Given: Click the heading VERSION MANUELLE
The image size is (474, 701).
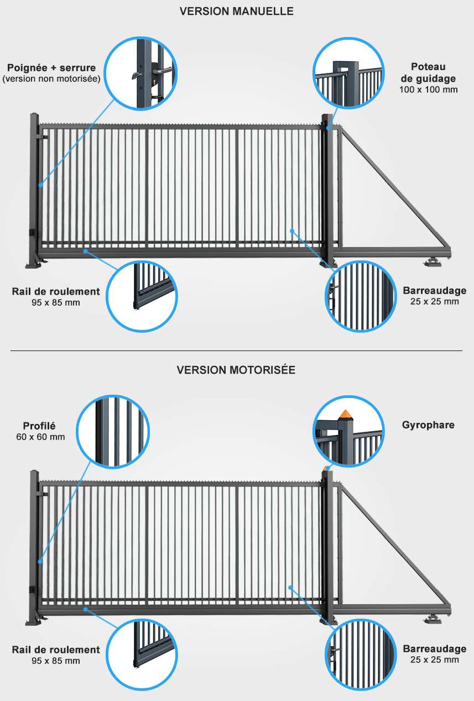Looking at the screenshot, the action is [236, 11].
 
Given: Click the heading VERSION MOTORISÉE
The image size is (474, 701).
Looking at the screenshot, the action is [236, 370].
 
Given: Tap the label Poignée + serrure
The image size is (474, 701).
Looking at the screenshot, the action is [51, 68].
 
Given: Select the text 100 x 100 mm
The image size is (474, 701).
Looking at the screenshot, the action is [428, 90].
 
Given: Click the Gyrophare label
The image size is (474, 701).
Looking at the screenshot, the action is [428, 425].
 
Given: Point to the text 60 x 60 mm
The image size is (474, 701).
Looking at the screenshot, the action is [40, 437].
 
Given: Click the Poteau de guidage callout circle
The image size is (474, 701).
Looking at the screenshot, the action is [348, 74].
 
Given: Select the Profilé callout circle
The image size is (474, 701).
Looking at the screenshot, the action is [113, 432].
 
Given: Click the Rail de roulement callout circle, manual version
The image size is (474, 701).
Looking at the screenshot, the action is [142, 296].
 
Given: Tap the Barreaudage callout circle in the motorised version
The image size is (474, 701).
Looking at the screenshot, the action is [361, 655].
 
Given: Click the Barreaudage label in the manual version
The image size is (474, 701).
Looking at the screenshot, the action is [435, 291].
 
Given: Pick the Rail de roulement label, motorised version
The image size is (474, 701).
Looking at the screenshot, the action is [56, 650].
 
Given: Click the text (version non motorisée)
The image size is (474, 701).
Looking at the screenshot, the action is [51, 79].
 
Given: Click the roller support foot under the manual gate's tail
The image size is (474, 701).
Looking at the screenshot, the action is [433, 262].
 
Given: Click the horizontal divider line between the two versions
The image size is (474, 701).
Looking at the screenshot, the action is [236, 351].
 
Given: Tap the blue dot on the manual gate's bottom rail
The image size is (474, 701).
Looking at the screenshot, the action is [85, 250].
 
